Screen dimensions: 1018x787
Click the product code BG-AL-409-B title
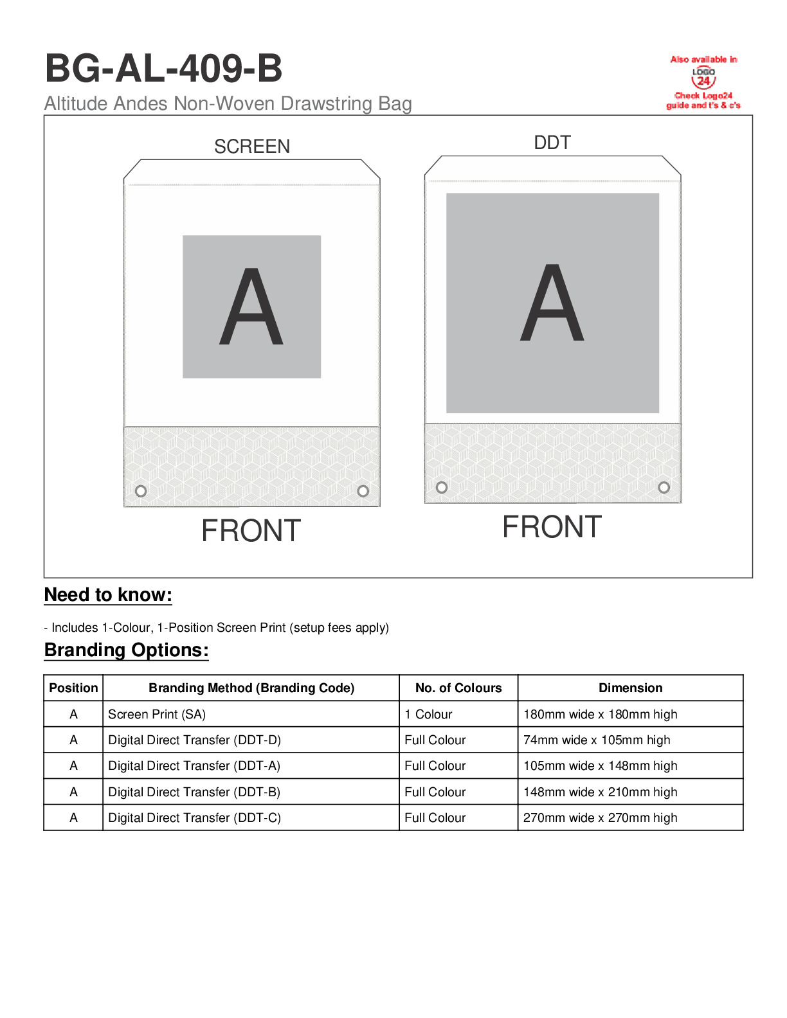(x=163, y=69)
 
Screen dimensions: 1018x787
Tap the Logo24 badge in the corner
(x=703, y=81)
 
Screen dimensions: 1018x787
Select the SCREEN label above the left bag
(x=252, y=147)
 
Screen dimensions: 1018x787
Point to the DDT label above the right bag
(x=552, y=143)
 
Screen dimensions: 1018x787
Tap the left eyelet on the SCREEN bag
(x=141, y=491)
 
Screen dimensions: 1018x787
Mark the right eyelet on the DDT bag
(x=664, y=487)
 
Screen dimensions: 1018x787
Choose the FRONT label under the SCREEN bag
(x=251, y=531)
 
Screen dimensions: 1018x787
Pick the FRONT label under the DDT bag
(x=552, y=527)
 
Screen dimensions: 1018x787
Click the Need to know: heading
(x=108, y=595)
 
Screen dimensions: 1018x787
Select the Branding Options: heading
(x=127, y=650)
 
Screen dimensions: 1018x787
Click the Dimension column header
(x=630, y=688)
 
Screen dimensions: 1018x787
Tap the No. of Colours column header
(x=458, y=688)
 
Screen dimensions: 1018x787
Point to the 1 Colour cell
(x=428, y=714)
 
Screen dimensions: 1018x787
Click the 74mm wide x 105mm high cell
(x=597, y=740)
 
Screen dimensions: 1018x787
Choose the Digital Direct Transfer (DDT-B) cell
(x=194, y=792)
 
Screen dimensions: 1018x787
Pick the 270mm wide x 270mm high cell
(x=600, y=817)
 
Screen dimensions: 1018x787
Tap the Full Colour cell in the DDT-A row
(x=435, y=765)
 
